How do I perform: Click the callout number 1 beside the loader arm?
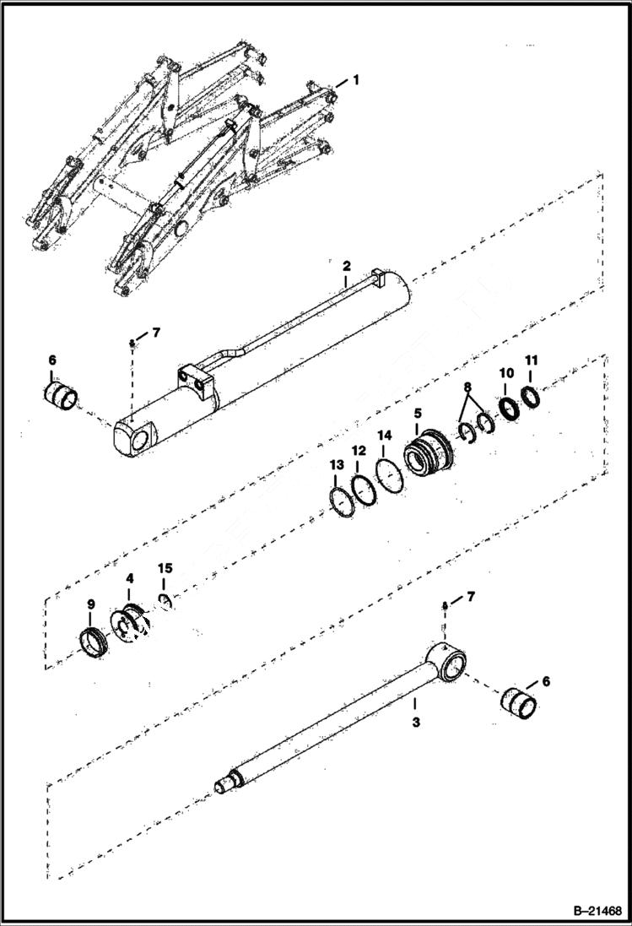356,80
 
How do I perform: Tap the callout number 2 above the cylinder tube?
346,267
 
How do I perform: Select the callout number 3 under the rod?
415,723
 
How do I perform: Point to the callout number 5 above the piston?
417,414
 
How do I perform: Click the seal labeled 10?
508,408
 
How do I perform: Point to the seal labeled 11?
532,394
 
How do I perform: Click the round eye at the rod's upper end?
449,659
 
